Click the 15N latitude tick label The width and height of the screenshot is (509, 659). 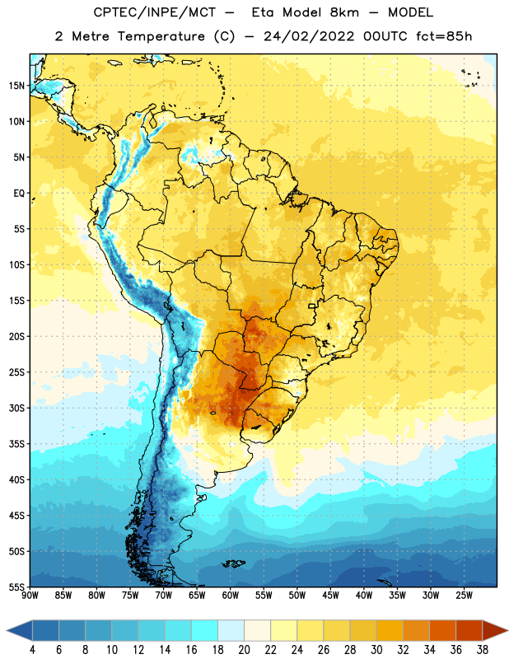(x=16, y=86)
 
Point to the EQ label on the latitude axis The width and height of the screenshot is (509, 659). (x=19, y=194)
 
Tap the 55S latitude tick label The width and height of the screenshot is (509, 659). (x=16, y=587)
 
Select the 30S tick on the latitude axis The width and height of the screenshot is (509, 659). (x=16, y=408)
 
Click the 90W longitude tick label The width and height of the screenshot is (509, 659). (x=30, y=596)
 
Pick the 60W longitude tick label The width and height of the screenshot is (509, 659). (x=231, y=596)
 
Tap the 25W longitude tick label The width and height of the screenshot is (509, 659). (x=464, y=596)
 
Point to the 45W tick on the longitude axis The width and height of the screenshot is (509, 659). (x=330, y=596)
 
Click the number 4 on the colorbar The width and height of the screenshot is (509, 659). (x=32, y=650)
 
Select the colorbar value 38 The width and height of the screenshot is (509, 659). (x=483, y=650)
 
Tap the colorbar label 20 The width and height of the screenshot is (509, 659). (x=244, y=650)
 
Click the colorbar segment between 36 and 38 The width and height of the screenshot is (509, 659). (x=469, y=631)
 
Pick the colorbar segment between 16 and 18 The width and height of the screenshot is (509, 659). (x=205, y=631)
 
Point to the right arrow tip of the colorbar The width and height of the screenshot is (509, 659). (x=507, y=631)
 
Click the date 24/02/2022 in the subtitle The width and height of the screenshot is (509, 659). (x=309, y=36)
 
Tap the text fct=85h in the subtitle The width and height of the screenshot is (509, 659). (x=444, y=36)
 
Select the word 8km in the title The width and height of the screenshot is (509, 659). (x=344, y=12)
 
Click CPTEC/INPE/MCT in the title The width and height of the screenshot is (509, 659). (x=154, y=12)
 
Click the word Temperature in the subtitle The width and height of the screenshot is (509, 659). (x=161, y=36)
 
